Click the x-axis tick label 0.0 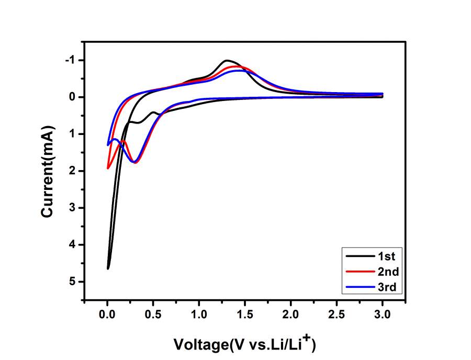tap(107, 316)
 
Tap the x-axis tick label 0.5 tap(153, 316)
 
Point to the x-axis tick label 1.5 tap(244, 316)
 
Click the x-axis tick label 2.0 tap(290, 316)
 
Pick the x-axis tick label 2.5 tap(337, 316)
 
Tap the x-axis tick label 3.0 tap(382, 316)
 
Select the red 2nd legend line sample tap(357, 271)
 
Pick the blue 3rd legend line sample tap(357, 286)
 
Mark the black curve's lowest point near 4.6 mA tap(108, 268)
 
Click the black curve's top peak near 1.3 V tap(227, 60)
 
